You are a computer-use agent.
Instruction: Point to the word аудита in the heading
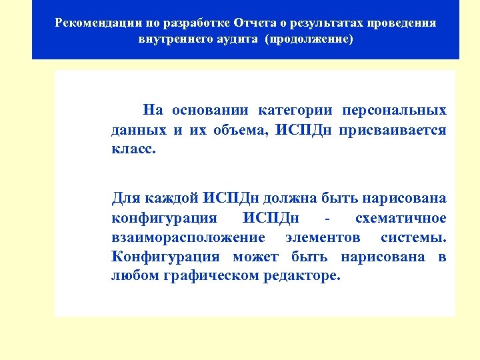(x=238, y=39)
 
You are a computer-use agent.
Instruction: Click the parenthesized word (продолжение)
(x=309, y=39)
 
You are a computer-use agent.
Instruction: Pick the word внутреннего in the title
(x=175, y=39)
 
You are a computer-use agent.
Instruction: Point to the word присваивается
(x=393, y=130)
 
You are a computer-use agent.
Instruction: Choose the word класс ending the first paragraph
(x=133, y=150)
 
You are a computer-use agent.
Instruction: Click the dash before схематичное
(x=327, y=218)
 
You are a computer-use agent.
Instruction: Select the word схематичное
(x=401, y=218)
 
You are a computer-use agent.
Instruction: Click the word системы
(x=413, y=237)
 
